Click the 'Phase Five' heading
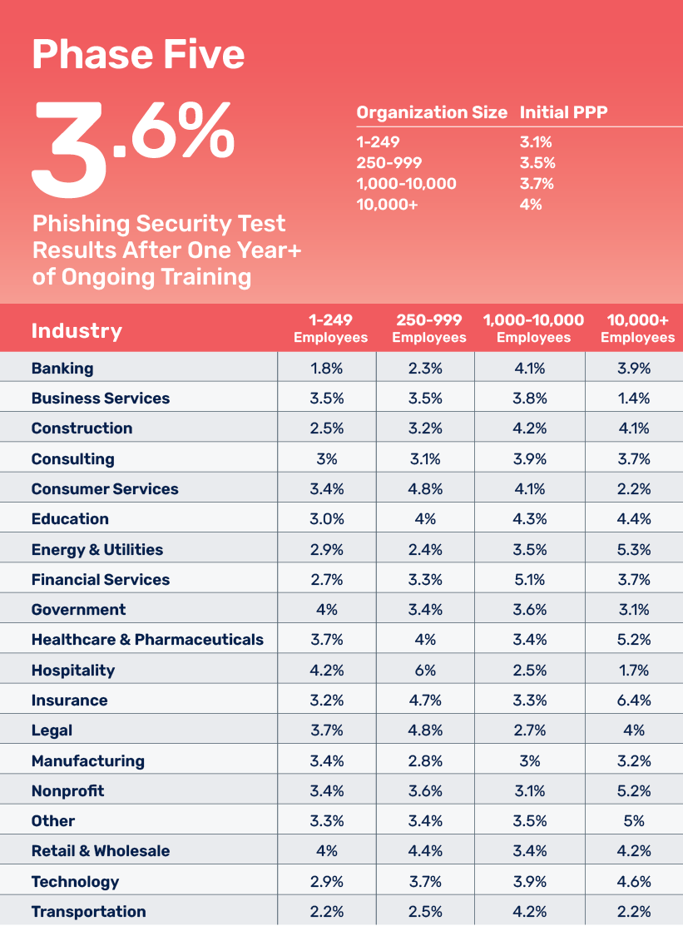[138, 54]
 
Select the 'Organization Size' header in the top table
[431, 112]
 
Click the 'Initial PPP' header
[564, 112]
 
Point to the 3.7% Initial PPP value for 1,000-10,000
[537, 183]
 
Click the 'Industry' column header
[77, 330]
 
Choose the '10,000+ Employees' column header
[637, 329]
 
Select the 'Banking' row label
[62, 368]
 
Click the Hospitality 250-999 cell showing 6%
[425, 670]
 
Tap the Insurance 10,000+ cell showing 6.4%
[634, 700]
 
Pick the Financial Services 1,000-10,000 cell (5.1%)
[530, 579]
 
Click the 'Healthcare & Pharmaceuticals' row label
[147, 640]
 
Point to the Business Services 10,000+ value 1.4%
[634, 398]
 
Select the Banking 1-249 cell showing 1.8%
[327, 368]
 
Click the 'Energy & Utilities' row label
[97, 549]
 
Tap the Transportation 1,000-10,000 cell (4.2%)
[530, 911]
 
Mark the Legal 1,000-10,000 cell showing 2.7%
[530, 730]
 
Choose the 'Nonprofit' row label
[68, 790]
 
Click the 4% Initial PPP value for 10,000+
[531, 204]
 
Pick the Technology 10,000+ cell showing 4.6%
[634, 881]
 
